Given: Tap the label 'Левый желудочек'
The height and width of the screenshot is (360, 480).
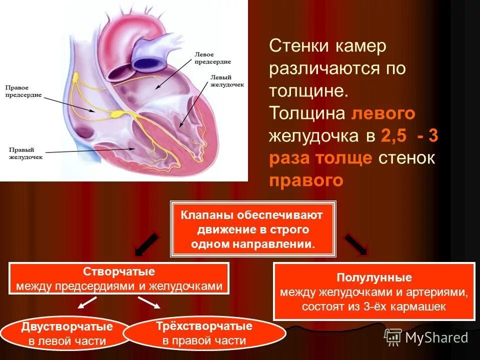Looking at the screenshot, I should pyautogui.click(x=226, y=81).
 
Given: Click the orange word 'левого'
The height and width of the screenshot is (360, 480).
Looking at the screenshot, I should pyautogui.click(x=383, y=113).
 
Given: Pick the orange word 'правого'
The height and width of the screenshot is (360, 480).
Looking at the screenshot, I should pyautogui.click(x=306, y=180).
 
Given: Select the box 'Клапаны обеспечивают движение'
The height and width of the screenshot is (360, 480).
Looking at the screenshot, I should pyautogui.click(x=252, y=229).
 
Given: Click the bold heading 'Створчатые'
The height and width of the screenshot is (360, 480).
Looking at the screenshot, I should pyautogui.click(x=118, y=272).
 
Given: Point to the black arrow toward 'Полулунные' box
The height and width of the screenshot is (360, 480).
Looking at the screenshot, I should pyautogui.click(x=356, y=244).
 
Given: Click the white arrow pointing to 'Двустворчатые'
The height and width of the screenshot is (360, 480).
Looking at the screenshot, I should pyautogui.click(x=87, y=302).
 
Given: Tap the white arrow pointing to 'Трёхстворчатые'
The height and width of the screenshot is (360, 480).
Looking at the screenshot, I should pyautogui.click(x=148, y=302).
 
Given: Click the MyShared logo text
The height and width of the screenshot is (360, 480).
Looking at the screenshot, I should pyautogui.click(x=436, y=338).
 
